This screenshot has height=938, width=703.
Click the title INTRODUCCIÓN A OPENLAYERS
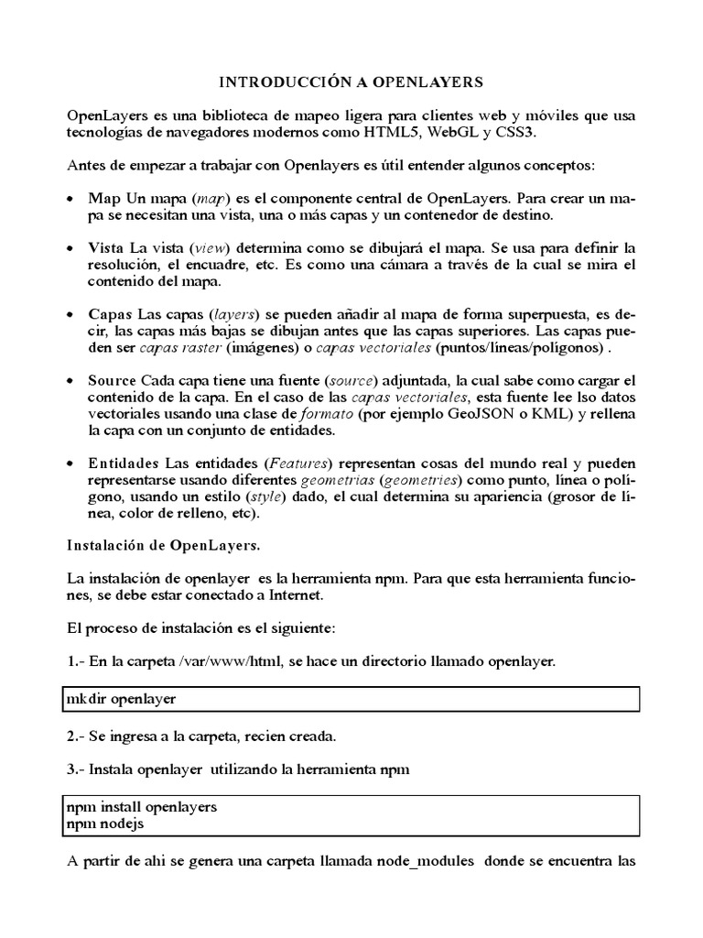tap(352, 82)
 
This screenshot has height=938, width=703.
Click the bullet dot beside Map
tap(73, 199)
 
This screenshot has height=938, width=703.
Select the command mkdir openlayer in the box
tap(121, 699)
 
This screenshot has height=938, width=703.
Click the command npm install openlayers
tap(142, 807)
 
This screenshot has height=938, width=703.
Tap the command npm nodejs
tap(104, 823)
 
